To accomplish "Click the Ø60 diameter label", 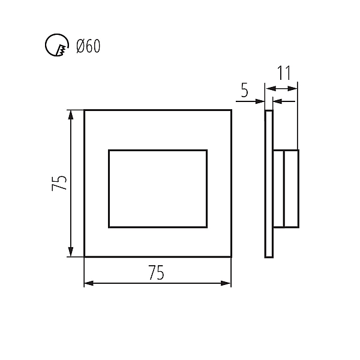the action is tap(88, 46).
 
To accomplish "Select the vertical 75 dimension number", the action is tap(59, 183).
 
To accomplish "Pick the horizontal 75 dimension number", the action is tap(156, 272).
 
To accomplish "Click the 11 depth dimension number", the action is tap(284, 73).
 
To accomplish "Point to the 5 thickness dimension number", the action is tap(245, 90).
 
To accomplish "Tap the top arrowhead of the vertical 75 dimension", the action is tap(71, 115).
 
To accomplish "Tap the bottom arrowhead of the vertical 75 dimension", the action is tap(71, 251).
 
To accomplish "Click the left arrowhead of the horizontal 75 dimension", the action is tap(89, 283).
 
